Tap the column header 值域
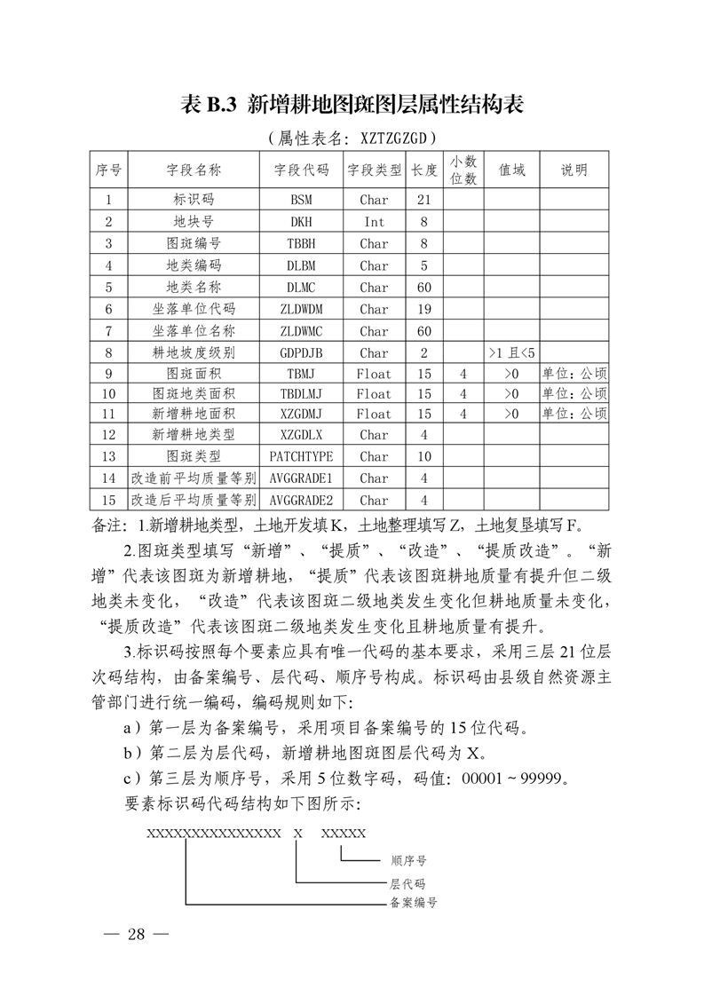tap(511, 170)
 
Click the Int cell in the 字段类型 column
tap(374, 222)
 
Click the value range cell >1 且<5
tap(511, 352)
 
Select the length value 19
tap(424, 309)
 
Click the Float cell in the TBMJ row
tap(374, 374)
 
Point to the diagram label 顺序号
tap(408, 861)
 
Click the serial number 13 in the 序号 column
tap(109, 456)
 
